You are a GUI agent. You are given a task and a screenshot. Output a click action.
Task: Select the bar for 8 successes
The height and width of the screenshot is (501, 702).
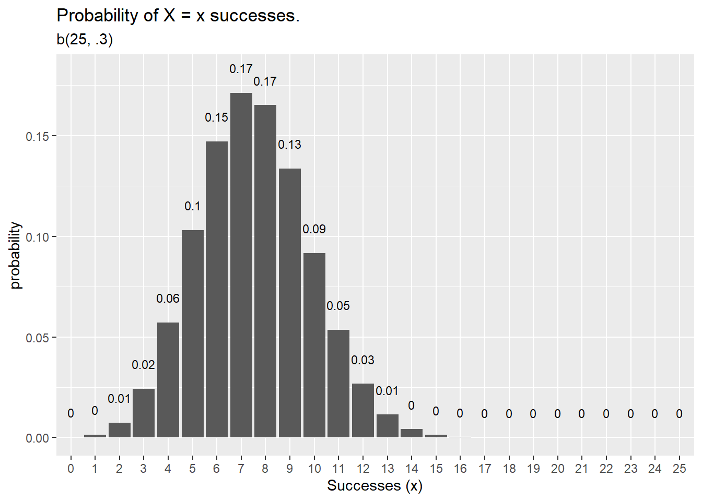(x=265, y=271)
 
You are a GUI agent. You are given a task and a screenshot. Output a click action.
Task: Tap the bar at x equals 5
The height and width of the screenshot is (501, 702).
(x=192, y=334)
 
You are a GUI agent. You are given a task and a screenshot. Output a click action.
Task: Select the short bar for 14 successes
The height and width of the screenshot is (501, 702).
(x=412, y=433)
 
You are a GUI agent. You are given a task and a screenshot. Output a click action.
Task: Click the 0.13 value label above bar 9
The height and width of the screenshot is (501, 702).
(x=289, y=145)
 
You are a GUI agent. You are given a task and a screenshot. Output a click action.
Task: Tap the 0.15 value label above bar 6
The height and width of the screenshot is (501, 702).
(x=216, y=117)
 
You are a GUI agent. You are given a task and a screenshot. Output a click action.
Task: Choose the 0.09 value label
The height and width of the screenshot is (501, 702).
(x=314, y=229)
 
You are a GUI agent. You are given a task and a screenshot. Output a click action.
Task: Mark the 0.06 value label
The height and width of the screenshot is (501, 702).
(x=168, y=299)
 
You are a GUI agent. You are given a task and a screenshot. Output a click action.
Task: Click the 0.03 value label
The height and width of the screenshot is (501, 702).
(x=362, y=360)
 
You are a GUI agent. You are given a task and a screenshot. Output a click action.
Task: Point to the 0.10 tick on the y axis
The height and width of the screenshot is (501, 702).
(x=37, y=237)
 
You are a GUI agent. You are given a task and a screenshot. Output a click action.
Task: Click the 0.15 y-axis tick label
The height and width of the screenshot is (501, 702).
(x=37, y=136)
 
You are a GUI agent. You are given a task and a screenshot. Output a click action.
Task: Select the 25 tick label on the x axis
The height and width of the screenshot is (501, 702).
(x=679, y=469)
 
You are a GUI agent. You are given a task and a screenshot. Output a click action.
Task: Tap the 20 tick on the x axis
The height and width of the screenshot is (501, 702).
(x=557, y=469)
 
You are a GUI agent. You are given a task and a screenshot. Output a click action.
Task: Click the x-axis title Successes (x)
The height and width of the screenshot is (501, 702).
(x=375, y=486)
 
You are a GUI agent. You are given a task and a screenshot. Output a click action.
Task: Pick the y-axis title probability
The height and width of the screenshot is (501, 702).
(x=16, y=255)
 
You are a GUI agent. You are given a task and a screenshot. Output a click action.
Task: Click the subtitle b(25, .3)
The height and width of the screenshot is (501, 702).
(x=85, y=40)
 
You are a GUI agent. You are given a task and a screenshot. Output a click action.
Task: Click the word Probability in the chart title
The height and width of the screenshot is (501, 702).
(x=97, y=16)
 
